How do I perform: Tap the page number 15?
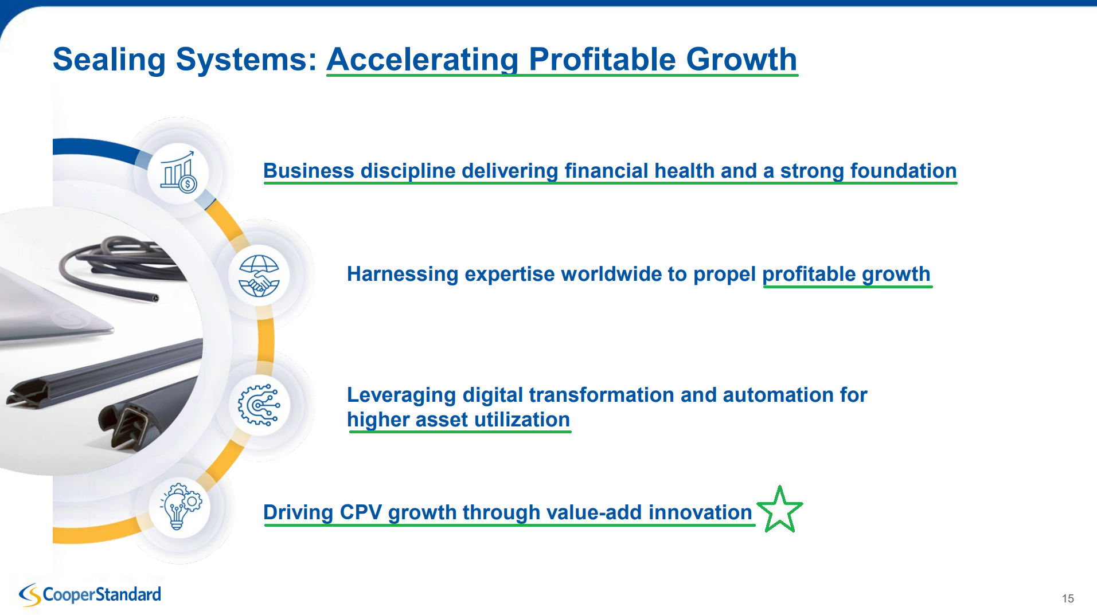pos(1068,598)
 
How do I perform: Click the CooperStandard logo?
pos(90,594)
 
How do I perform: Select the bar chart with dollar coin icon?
pos(178,173)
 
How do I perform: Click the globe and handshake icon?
pos(259,276)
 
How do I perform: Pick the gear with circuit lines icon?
pos(259,405)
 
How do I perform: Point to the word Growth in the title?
pos(741,59)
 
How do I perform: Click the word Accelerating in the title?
pos(423,59)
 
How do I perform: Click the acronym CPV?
pos(361,512)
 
